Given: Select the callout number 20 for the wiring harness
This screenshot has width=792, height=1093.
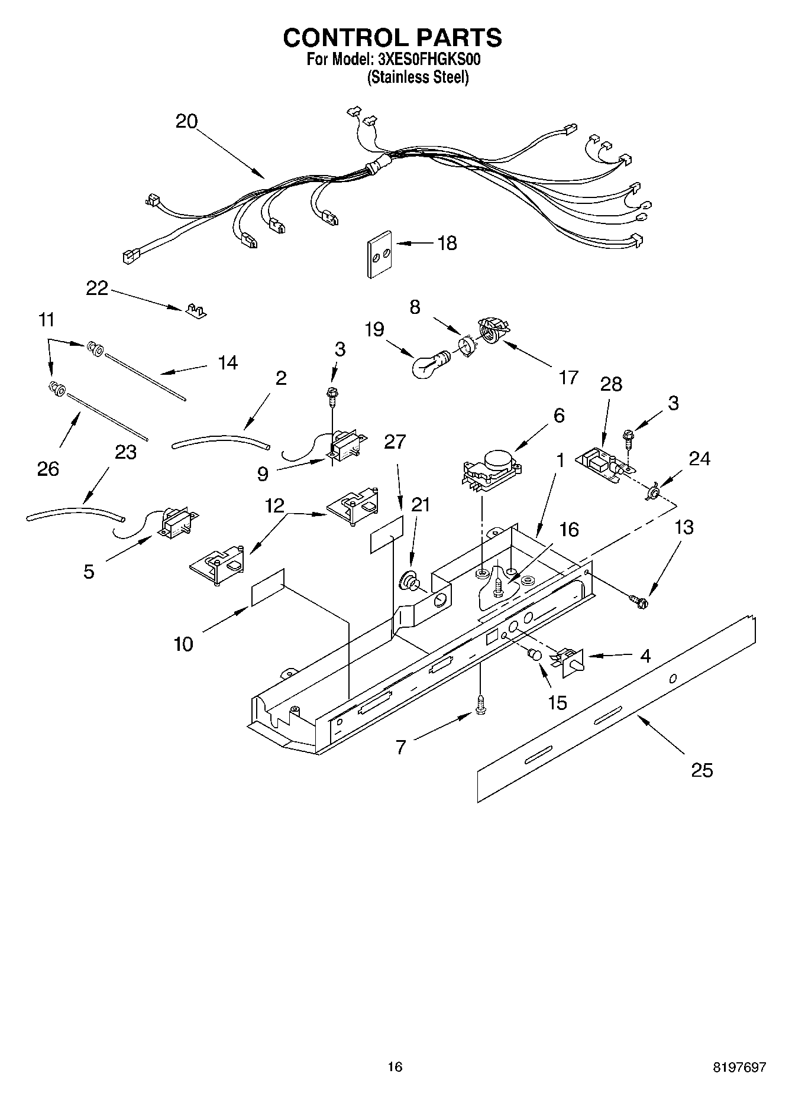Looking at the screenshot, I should tap(186, 121).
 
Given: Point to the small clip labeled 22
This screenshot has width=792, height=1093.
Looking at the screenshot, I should tap(195, 310).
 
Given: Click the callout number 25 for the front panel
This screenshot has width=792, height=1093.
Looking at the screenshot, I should tap(702, 770).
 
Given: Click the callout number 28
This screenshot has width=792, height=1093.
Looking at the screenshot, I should tap(611, 384).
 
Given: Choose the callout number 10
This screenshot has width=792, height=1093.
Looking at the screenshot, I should tap(184, 644).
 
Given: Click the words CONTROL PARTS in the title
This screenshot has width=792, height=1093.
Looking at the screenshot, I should tap(392, 37).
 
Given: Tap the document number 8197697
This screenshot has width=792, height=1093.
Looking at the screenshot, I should tap(739, 1067).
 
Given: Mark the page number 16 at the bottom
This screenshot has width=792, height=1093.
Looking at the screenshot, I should tap(395, 1067).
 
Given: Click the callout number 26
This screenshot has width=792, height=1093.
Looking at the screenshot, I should tap(48, 469).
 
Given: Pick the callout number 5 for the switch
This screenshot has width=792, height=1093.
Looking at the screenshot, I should tap(88, 572).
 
